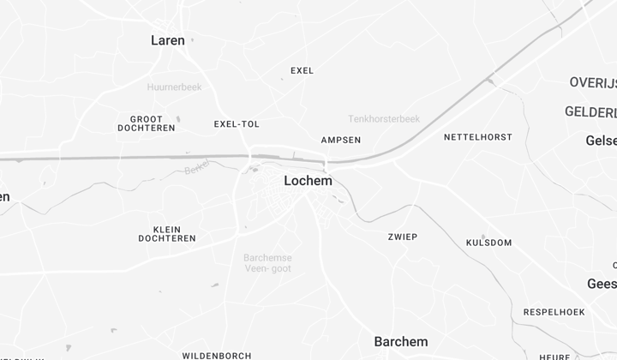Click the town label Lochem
[308, 181]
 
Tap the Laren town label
[167, 40]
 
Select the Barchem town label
[400, 342]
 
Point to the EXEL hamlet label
[302, 70]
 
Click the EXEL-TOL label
[237, 124]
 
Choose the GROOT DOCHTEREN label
[146, 123]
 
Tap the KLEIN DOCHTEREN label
[167, 234]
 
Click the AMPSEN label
[340, 140]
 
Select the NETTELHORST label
[477, 137]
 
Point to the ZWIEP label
[402, 237]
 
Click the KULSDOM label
[488, 243]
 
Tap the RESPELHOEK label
[554, 312]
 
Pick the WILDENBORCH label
[216, 355]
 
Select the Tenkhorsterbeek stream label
[383, 118]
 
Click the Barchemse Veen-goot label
[267, 263]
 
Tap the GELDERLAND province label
[590, 112]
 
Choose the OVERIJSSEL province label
[592, 82]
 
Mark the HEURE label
[555, 357]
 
